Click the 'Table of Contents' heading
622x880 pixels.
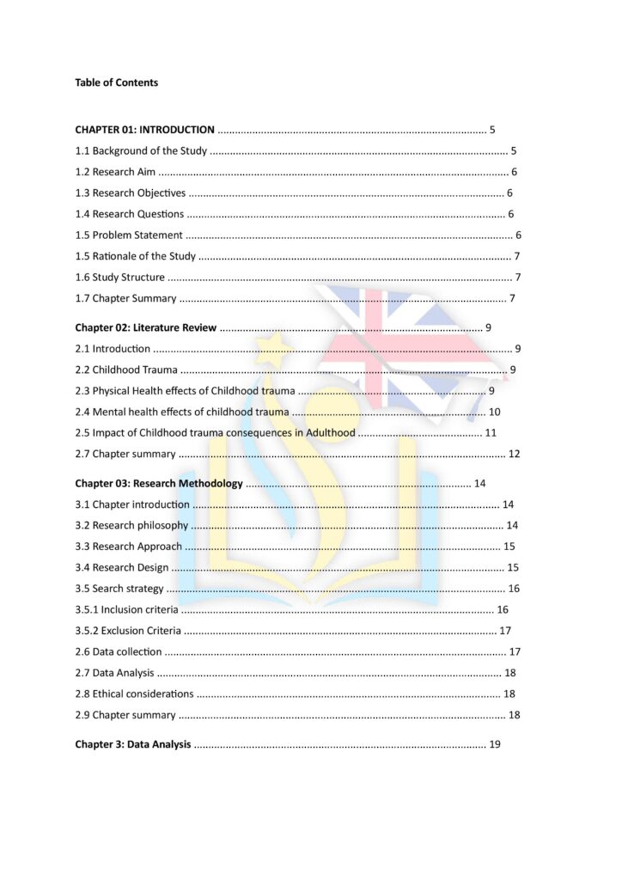[116, 82]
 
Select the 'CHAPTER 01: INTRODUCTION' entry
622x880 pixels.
[144, 130]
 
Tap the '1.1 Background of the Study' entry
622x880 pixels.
[141, 151]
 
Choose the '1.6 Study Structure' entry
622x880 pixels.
[119, 277]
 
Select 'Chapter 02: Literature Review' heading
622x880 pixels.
[145, 327]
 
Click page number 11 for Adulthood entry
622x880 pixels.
[491, 432]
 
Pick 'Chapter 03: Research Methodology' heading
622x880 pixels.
[159, 483]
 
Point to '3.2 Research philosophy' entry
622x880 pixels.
[131, 525]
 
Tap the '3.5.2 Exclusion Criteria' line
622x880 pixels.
[128, 630]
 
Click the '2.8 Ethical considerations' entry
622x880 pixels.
[133, 694]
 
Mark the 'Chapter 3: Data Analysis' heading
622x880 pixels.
[132, 744]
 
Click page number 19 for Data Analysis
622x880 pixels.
[494, 744]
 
